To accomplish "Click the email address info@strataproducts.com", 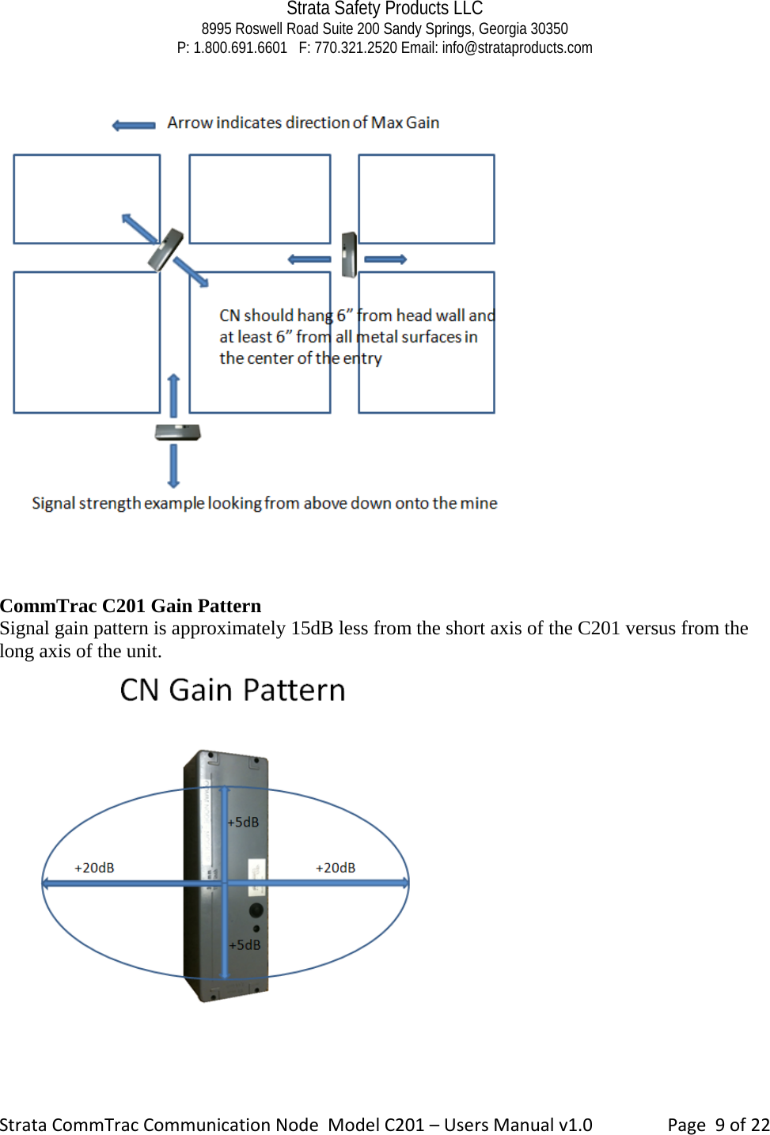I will pyautogui.click(x=517, y=47).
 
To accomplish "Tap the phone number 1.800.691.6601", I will pyautogui.click(x=240, y=47).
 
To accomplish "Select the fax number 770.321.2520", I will pyautogui.click(x=355, y=47).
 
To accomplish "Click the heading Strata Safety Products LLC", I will pyautogui.click(x=385, y=9).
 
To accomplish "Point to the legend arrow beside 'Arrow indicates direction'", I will pyautogui.click(x=134, y=125).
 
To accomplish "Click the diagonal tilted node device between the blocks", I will pyautogui.click(x=166, y=248).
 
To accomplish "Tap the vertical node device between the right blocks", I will pyautogui.click(x=349, y=255).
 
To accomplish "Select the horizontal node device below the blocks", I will pyautogui.click(x=177, y=432).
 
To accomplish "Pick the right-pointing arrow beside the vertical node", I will pyautogui.click(x=385, y=259).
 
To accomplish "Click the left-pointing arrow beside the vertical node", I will pyautogui.click(x=309, y=259).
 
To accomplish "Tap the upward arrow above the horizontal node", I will pyautogui.click(x=173, y=395).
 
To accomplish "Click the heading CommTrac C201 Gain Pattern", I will pyautogui.click(x=131, y=606).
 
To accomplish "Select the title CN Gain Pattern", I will pyautogui.click(x=233, y=690).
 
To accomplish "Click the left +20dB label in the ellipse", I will pyautogui.click(x=94, y=868).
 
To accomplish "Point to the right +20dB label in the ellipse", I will pyautogui.click(x=336, y=868).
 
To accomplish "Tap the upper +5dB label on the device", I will pyautogui.click(x=244, y=823).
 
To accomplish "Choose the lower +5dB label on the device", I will pyautogui.click(x=245, y=945).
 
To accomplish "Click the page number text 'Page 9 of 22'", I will pyautogui.click(x=718, y=1125).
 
